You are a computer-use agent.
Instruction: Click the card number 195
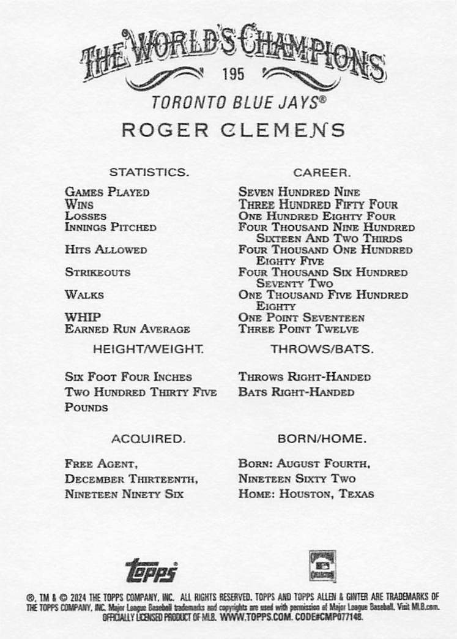click(x=233, y=75)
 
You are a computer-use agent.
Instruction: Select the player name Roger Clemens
click(x=232, y=130)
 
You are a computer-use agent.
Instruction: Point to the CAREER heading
click(x=321, y=172)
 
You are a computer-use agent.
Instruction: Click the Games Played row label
click(x=107, y=192)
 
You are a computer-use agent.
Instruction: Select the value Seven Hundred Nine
click(x=299, y=192)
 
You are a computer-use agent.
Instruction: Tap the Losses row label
click(x=86, y=216)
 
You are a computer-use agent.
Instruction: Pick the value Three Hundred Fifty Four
click(x=318, y=204)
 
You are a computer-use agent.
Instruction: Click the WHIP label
click(x=78, y=318)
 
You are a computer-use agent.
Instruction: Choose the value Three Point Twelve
click(x=299, y=329)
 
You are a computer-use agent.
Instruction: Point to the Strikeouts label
click(x=97, y=272)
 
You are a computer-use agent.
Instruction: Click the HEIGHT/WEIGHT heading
click(x=149, y=349)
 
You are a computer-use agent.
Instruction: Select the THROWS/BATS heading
click(x=322, y=349)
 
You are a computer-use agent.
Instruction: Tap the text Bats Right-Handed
click(x=296, y=392)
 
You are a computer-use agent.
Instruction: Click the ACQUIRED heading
click(x=148, y=439)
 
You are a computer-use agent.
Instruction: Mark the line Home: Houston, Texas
click(x=306, y=494)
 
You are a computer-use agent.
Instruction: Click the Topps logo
click(x=151, y=571)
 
